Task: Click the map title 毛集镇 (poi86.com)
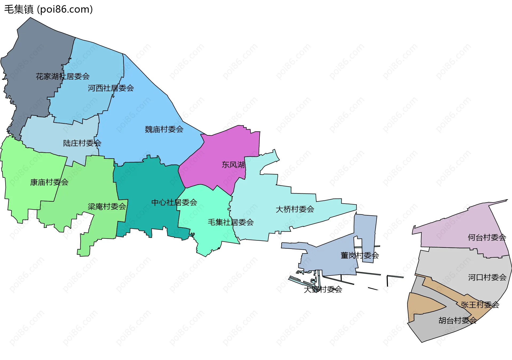click(49, 9)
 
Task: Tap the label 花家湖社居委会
click(63, 76)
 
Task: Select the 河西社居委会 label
click(111, 88)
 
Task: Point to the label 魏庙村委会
click(164, 129)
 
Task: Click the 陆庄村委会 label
click(82, 143)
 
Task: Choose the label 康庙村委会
click(49, 182)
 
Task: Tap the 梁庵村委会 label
click(107, 207)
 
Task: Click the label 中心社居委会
click(174, 203)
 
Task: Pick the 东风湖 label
click(233, 165)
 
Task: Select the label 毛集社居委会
click(231, 222)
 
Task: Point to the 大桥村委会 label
click(295, 209)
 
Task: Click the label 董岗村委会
click(360, 255)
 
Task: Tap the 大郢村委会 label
click(323, 289)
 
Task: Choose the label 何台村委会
click(487, 237)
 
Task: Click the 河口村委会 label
click(487, 277)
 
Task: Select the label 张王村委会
click(480, 305)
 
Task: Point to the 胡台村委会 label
click(458, 320)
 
